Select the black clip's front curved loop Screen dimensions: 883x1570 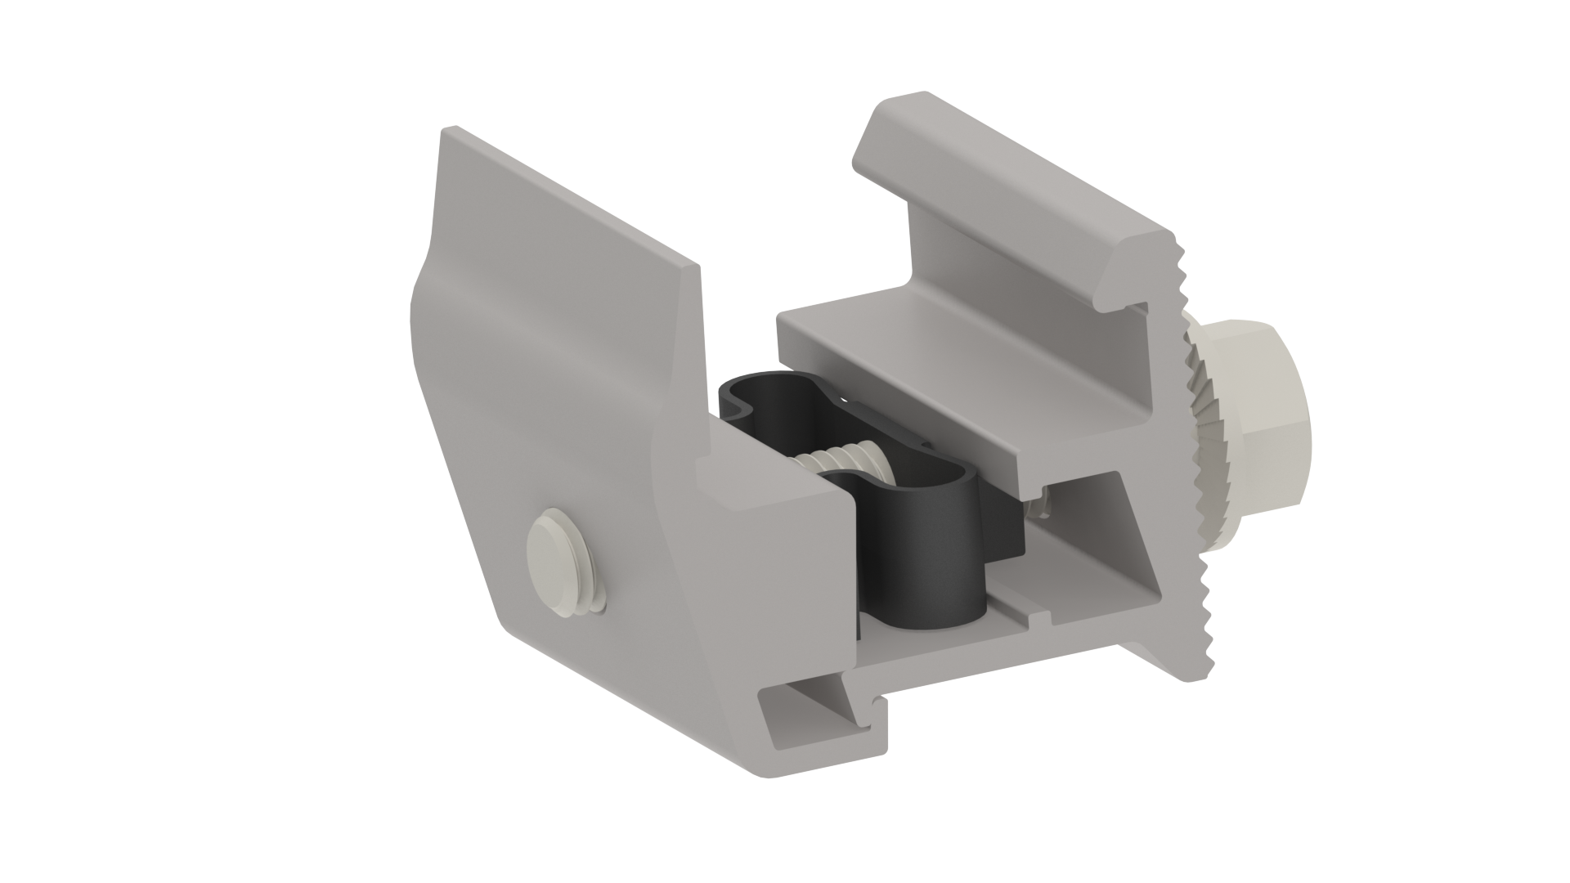pyautogui.click(x=932, y=556)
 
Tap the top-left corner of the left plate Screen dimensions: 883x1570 pyautogui.click(x=447, y=131)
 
